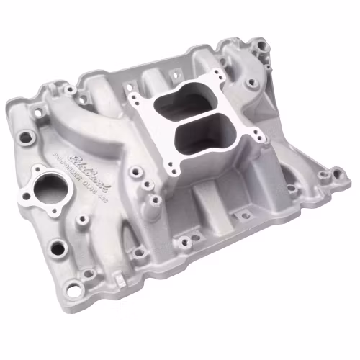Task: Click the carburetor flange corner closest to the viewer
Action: point(169,167)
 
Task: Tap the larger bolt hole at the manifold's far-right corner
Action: point(335,173)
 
